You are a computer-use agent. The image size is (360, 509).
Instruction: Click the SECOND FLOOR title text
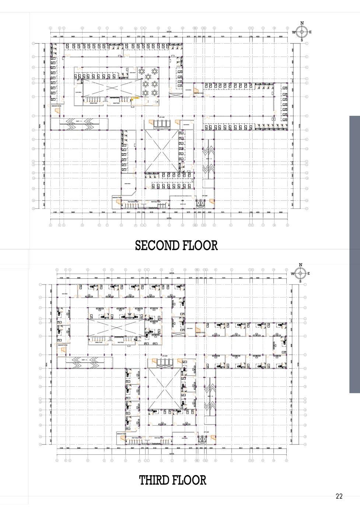(176, 245)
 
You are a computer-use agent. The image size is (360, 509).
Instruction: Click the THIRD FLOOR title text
(172, 480)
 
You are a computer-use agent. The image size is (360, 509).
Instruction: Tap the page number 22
(339, 496)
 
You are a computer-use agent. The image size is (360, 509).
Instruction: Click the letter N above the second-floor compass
(302, 23)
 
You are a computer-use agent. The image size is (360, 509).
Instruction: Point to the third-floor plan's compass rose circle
(300, 273)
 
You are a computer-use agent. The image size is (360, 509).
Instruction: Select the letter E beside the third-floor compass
(308, 273)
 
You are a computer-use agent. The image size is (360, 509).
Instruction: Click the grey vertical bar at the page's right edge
(354, 254)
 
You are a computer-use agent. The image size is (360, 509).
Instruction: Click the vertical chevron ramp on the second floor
(208, 160)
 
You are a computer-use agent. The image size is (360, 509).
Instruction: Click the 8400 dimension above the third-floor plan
(78, 278)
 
